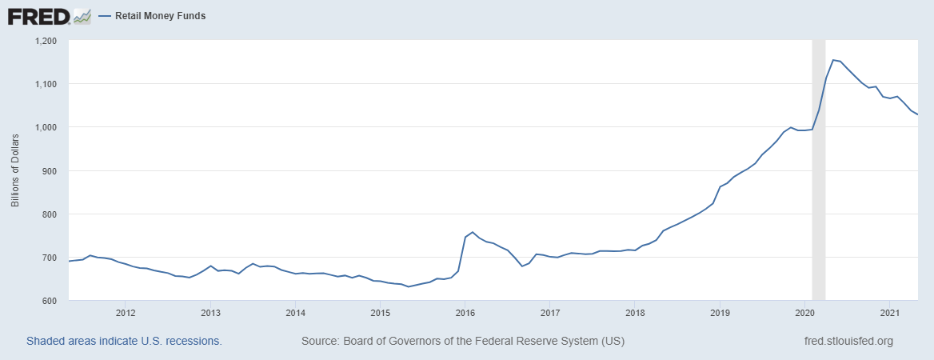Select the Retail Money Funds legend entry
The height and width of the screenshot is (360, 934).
(x=160, y=16)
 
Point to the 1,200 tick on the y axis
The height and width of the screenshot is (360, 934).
(x=46, y=41)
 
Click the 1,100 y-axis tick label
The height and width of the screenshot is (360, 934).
(x=46, y=84)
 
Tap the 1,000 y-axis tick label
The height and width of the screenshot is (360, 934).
(x=46, y=127)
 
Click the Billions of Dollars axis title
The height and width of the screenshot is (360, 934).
(x=15, y=170)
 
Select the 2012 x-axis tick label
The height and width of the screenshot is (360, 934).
(x=125, y=312)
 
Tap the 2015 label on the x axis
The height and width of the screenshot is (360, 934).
(x=380, y=312)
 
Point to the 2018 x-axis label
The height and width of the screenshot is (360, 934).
(x=635, y=312)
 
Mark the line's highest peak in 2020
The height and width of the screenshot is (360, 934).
(x=833, y=60)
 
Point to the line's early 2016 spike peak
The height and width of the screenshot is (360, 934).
(x=473, y=232)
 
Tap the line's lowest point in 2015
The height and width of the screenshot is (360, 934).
(x=409, y=286)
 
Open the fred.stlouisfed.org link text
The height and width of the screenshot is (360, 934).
(x=848, y=342)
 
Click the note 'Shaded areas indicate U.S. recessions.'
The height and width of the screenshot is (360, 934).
(x=124, y=342)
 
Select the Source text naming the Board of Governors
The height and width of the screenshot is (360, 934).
(x=462, y=342)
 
